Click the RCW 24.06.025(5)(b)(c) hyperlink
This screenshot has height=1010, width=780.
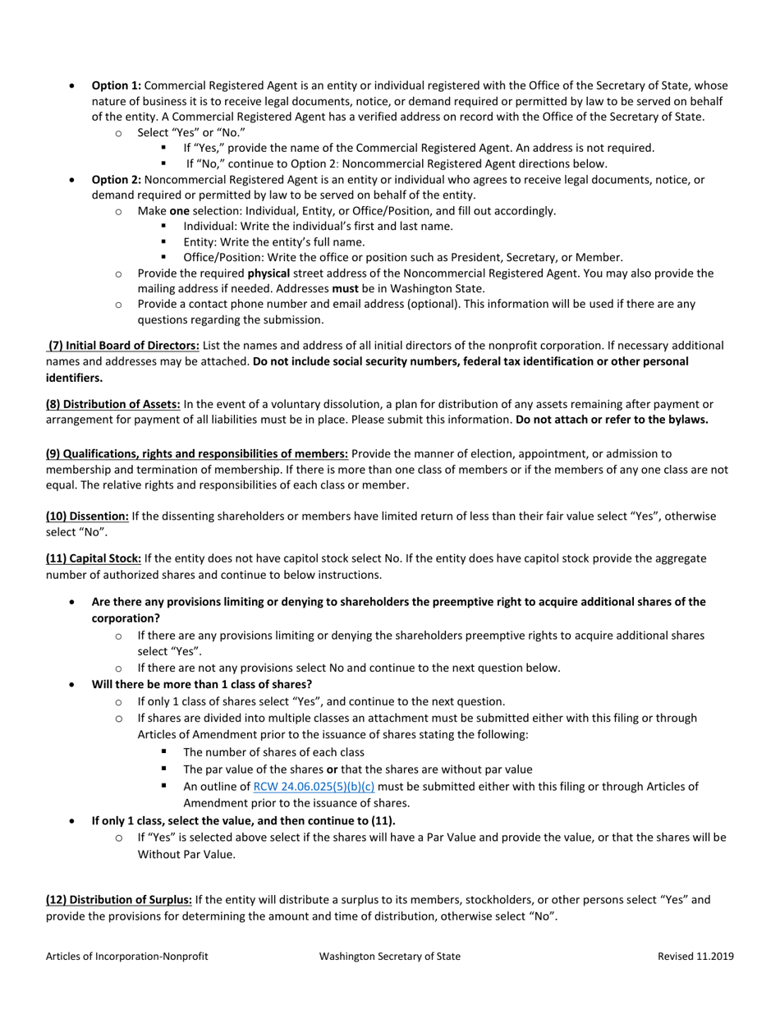pyautogui.click(x=314, y=787)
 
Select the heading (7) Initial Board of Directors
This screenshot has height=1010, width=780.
pyautogui.click(x=123, y=346)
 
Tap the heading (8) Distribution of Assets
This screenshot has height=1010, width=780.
pyautogui.click(x=113, y=404)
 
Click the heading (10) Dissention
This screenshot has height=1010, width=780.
pyautogui.click(x=87, y=516)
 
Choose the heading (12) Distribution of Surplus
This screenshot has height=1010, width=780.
pyautogui.click(x=119, y=900)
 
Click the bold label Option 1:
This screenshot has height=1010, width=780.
pyautogui.click(x=116, y=85)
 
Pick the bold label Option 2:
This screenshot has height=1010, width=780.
pyautogui.click(x=116, y=179)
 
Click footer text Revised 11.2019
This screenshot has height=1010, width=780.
pyautogui.click(x=695, y=956)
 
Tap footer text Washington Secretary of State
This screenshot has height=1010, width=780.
pyautogui.click(x=390, y=956)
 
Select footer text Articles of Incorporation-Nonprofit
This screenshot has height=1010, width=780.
pyautogui.click(x=126, y=956)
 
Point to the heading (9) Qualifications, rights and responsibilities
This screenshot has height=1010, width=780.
pyautogui.click(x=197, y=454)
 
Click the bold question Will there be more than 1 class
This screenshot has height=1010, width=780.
pyautogui.click(x=201, y=684)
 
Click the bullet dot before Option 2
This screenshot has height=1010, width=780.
pyautogui.click(x=73, y=179)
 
